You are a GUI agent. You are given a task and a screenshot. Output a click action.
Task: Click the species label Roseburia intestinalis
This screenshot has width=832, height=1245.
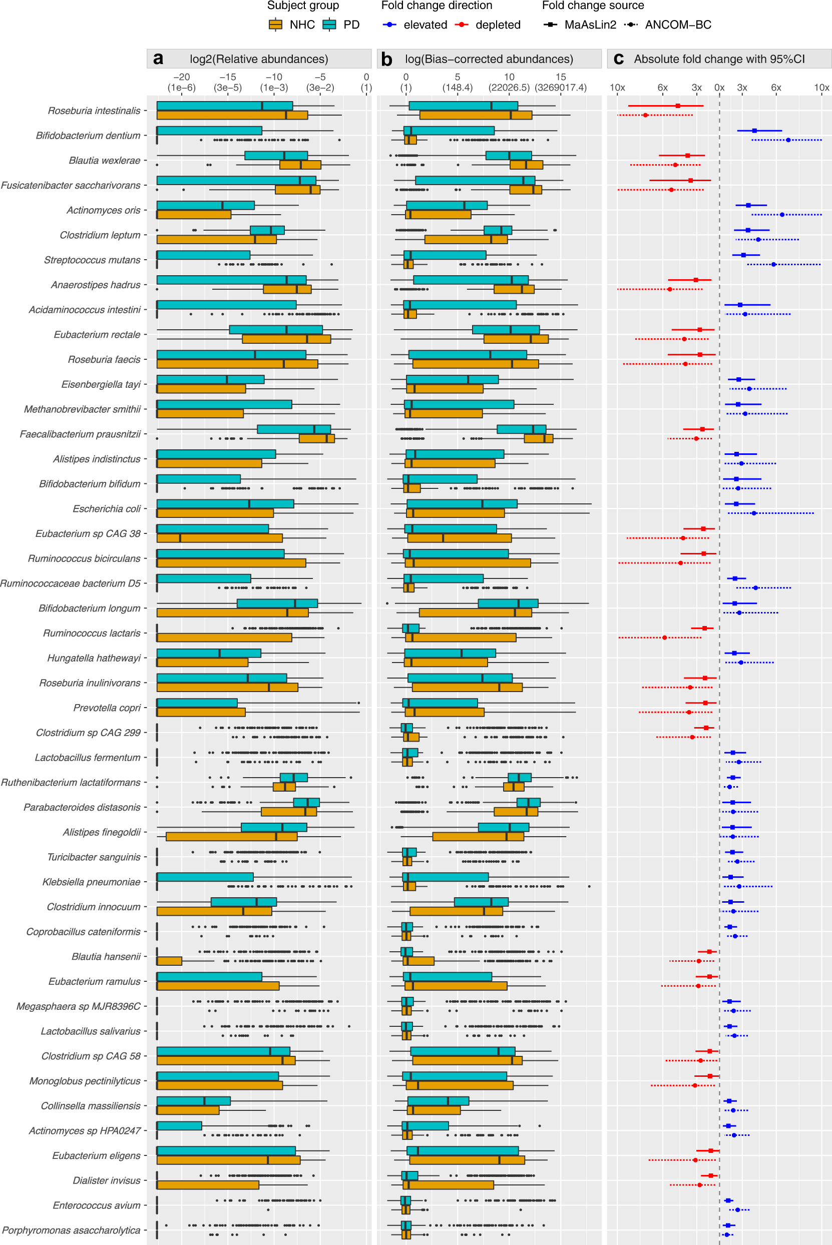coord(94,111)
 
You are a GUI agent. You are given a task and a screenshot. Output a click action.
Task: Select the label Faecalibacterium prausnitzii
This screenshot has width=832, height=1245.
coord(80,434)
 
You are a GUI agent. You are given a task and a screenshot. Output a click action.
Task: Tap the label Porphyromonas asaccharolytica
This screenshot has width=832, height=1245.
coord(71,1230)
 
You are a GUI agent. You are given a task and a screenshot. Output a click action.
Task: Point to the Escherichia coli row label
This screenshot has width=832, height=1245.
coord(106,509)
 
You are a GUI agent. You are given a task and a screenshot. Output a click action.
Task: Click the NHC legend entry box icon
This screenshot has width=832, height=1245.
coord(275,25)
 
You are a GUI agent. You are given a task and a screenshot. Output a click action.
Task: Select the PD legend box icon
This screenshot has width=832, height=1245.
coord(330,25)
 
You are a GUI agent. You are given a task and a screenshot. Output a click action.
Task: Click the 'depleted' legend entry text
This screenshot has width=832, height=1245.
coord(498,25)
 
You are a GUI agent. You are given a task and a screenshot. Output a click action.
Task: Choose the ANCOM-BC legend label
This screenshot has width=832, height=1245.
coord(678,25)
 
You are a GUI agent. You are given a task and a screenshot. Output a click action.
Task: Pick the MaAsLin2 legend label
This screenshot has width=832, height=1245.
coord(590,25)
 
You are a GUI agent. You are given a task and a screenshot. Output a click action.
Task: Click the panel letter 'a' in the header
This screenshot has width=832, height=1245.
coord(158,59)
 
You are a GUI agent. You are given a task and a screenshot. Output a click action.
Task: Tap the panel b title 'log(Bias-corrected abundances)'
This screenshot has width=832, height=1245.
coord(489,59)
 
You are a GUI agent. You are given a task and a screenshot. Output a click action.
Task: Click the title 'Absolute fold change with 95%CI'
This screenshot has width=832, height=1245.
coord(719,59)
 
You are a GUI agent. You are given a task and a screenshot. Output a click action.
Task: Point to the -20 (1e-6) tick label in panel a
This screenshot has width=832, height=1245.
coord(182,82)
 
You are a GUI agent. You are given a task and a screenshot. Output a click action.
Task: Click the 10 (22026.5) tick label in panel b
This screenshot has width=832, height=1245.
coord(509,82)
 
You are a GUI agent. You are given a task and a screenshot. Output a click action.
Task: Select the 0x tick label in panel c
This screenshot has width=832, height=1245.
coord(719,88)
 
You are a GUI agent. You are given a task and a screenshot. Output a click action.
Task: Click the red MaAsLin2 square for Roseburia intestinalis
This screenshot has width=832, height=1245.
coord(678,106)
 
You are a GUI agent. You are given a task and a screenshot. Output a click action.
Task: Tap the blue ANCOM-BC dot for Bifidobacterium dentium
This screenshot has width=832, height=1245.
coord(788,140)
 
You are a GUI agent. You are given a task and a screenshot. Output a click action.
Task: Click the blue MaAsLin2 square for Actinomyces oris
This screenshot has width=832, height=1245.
coord(748,205)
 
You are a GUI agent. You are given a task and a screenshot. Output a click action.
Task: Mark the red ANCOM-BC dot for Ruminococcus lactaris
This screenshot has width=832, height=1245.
coord(664,638)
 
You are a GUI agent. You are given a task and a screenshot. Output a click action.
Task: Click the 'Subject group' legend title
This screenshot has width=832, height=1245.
coord(302,6)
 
